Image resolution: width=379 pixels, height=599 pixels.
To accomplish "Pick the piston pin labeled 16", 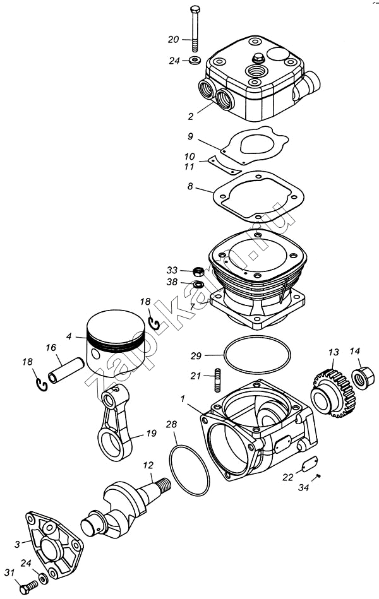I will (x=69, y=371).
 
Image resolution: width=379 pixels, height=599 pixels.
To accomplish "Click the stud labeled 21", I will (x=217, y=376).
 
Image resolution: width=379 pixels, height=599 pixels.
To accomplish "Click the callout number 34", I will (x=304, y=488).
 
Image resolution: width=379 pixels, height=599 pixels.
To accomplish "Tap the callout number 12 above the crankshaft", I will (x=148, y=466).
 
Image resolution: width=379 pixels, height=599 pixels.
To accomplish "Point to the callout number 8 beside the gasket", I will (x=189, y=187).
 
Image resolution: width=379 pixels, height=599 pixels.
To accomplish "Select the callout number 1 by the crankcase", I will (x=183, y=398).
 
